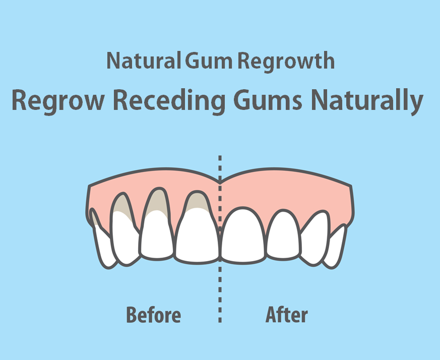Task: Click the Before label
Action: (x=153, y=315)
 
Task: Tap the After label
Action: (x=287, y=315)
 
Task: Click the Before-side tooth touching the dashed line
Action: (x=198, y=237)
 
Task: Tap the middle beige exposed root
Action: (x=156, y=200)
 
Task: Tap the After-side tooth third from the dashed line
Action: (x=315, y=237)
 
